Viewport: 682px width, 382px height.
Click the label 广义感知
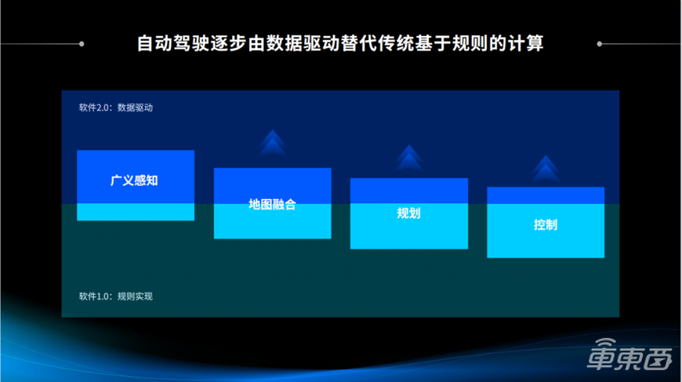point(135,181)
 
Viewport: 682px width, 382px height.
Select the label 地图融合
point(272,204)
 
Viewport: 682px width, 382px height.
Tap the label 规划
point(409,213)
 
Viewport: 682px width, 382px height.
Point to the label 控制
point(546,224)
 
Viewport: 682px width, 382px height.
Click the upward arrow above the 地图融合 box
point(273,143)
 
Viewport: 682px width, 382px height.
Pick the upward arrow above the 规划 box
point(409,158)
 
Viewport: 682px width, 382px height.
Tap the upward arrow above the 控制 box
point(546,169)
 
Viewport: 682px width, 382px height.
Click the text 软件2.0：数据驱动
point(116,107)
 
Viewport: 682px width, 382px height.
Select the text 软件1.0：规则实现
point(116,296)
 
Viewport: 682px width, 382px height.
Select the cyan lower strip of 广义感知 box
point(135,212)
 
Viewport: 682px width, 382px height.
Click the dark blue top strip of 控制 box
point(546,195)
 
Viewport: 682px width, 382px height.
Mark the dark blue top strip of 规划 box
point(409,190)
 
